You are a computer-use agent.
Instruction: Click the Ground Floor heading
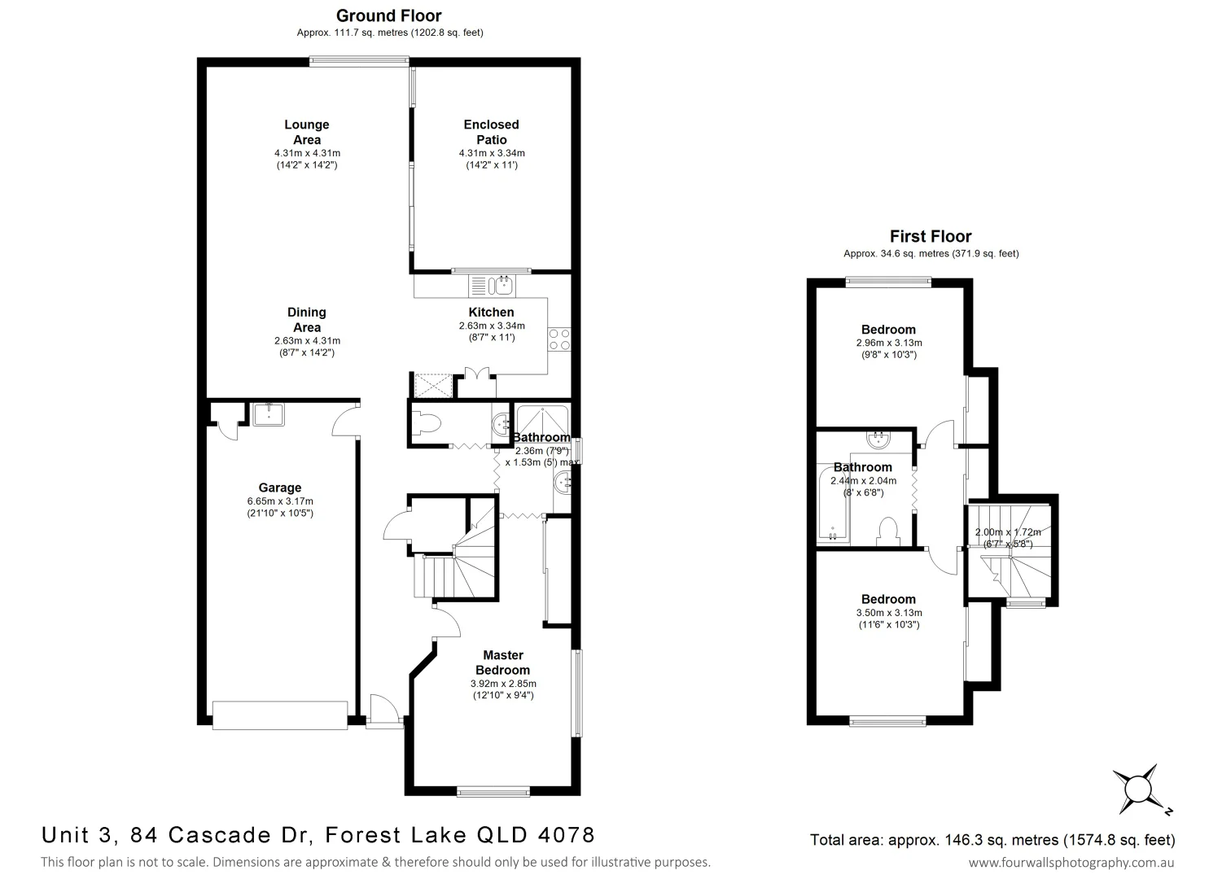click(388, 15)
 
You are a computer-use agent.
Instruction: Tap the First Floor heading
click(930, 237)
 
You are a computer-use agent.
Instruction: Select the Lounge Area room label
click(307, 132)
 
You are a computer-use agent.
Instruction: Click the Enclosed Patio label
click(491, 132)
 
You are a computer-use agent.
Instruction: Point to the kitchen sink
click(493, 285)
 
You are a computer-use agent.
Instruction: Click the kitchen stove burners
click(559, 339)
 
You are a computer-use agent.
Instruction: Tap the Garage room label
click(280, 488)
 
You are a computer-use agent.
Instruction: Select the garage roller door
click(279, 714)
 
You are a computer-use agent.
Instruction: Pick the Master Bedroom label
click(503, 663)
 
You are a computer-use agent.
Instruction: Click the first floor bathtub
click(832, 505)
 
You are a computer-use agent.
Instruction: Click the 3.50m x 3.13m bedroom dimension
click(888, 613)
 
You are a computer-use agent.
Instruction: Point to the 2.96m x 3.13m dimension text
click(888, 343)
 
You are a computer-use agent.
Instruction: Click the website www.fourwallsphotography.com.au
click(1071, 863)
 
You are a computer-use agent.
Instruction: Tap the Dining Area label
click(307, 319)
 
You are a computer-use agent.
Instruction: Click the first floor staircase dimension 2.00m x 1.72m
click(1008, 533)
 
